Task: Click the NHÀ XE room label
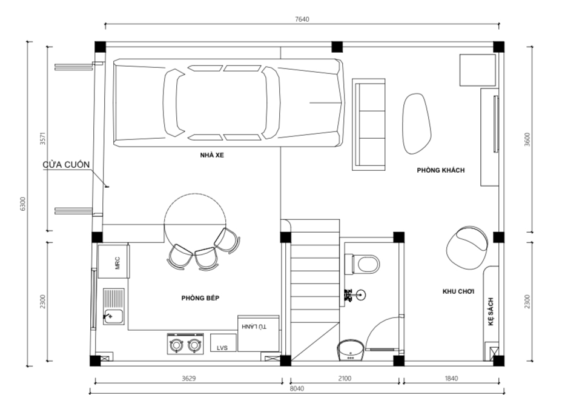tap(212, 155)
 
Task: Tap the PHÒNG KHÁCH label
tap(441, 170)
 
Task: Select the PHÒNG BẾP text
tap(200, 298)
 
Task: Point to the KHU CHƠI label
tap(458, 291)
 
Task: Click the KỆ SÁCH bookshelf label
tap(491, 312)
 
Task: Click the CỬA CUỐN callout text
tap(66, 165)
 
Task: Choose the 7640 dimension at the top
tap(302, 19)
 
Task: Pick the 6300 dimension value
tap(22, 204)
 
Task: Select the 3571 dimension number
tap(43, 139)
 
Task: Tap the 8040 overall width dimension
tap(297, 388)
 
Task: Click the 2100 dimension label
tap(345, 379)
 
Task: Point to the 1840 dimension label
tap(451, 379)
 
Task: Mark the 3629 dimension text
tap(188, 379)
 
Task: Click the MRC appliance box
tap(113, 262)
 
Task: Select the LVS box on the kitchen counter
tap(223, 343)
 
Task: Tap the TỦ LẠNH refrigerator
tap(258, 333)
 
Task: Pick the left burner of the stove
tap(176, 345)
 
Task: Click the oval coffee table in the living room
tap(417, 124)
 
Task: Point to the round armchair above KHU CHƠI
tap(467, 248)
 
